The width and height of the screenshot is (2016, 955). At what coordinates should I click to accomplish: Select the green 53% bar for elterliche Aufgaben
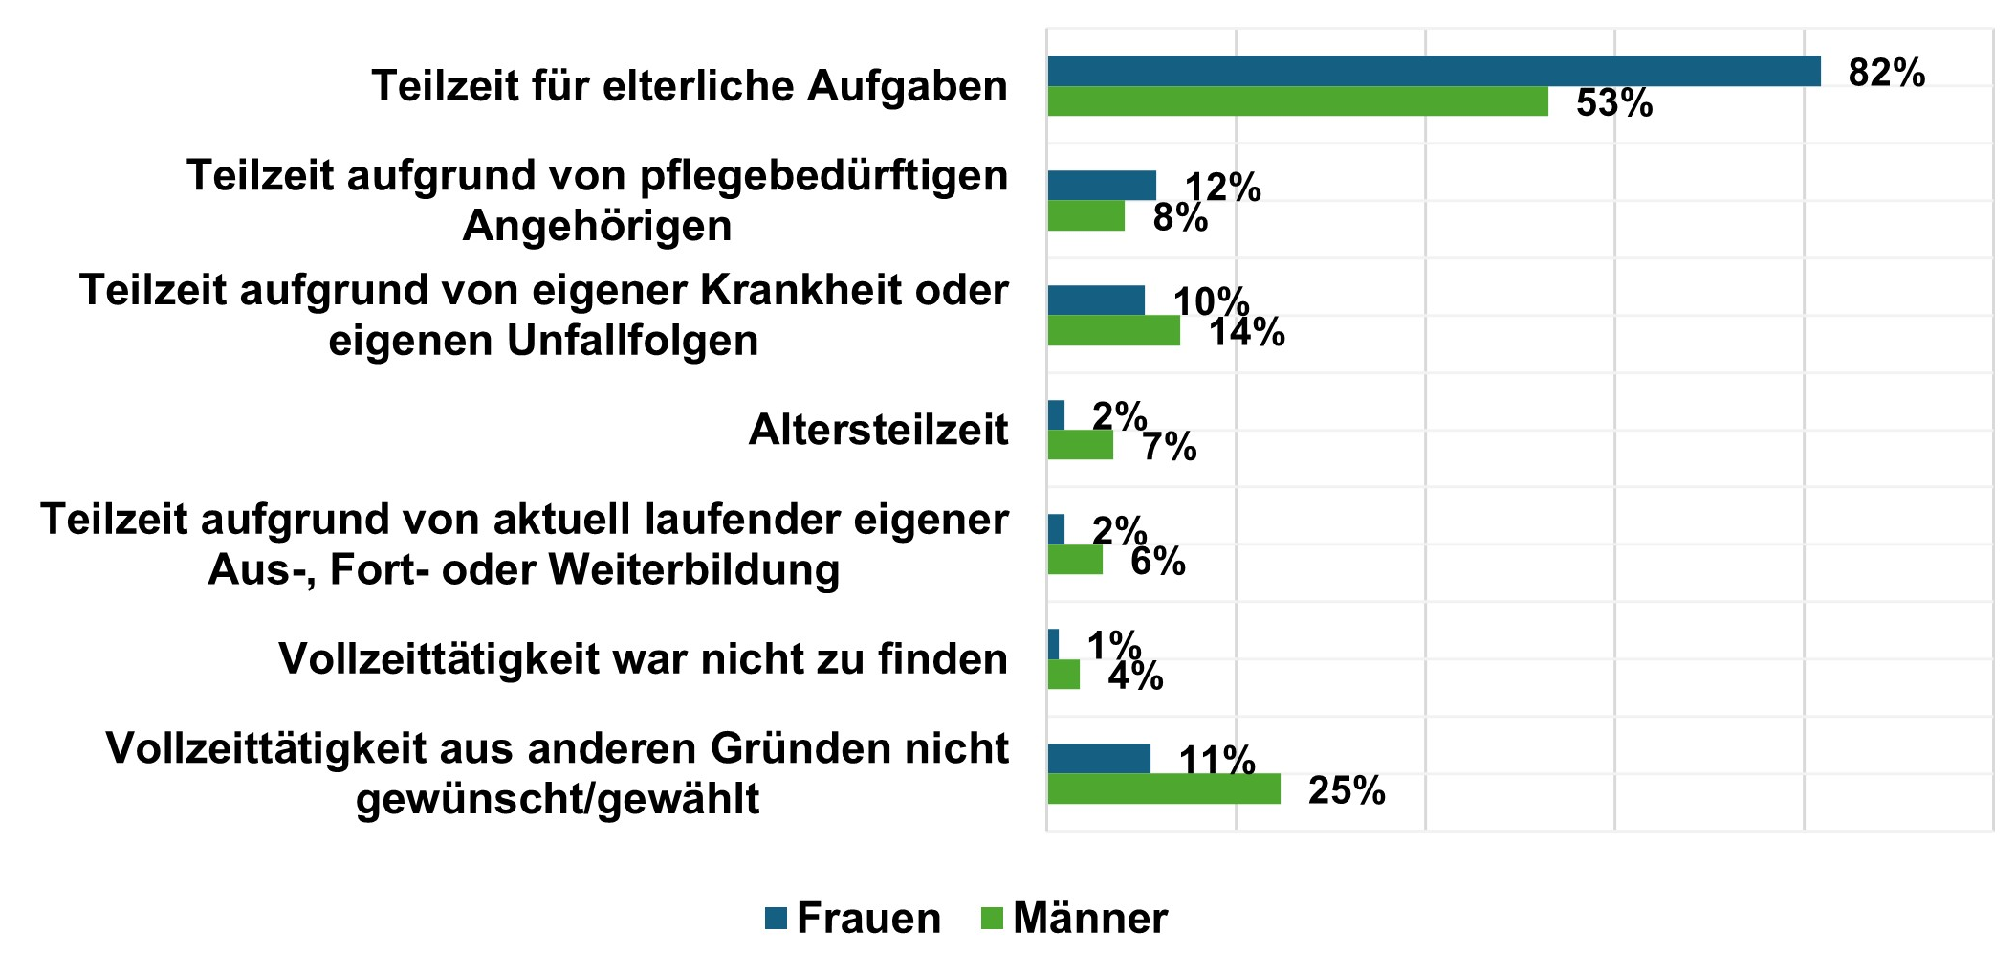pyautogui.click(x=1297, y=101)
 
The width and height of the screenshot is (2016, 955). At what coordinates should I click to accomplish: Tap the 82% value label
pyautogui.click(x=1886, y=73)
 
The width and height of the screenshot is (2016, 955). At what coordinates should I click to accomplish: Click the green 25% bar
pyautogui.click(x=1163, y=788)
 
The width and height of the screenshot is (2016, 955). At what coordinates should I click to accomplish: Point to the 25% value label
pyautogui.click(x=1346, y=791)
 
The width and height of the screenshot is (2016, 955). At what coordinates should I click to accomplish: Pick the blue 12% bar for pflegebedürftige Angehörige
pyautogui.click(x=1101, y=186)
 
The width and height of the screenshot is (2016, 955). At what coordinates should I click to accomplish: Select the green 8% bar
pyautogui.click(x=1085, y=216)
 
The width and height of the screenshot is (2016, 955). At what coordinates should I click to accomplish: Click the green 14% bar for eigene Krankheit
pyautogui.click(x=1113, y=330)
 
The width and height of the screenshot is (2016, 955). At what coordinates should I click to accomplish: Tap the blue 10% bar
pyautogui.click(x=1095, y=300)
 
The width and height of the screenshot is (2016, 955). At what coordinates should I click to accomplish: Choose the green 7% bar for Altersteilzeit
pyautogui.click(x=1080, y=445)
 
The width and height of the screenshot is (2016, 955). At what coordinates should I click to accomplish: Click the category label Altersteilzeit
pyautogui.click(x=878, y=430)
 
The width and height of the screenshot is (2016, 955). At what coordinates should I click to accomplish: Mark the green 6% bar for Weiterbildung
pyautogui.click(x=1074, y=560)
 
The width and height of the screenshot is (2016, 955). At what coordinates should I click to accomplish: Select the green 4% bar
pyautogui.click(x=1063, y=675)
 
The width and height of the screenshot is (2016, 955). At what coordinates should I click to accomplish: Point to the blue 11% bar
pyautogui.click(x=1098, y=759)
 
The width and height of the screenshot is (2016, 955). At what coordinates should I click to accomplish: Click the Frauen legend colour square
pyautogui.click(x=776, y=919)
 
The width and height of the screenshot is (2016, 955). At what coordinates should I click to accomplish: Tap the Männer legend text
pyautogui.click(x=1089, y=919)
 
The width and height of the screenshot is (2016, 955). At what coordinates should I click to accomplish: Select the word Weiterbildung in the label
pyautogui.click(x=692, y=570)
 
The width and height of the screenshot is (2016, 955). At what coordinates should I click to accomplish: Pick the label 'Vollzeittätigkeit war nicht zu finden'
pyautogui.click(x=643, y=659)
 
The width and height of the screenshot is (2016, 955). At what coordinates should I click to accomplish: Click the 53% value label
pyautogui.click(x=1613, y=103)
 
